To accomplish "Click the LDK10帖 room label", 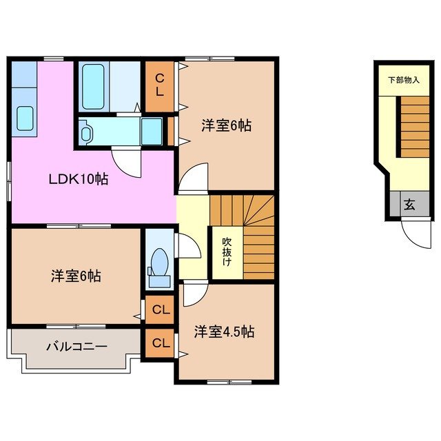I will [78, 179].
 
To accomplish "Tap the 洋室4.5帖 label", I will [224, 331].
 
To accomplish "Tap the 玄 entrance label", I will [409, 204].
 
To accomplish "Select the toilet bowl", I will [159, 265].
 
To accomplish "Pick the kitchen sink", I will [25, 119].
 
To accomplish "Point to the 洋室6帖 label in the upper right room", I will [226, 125].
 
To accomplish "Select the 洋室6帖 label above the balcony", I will [76, 276].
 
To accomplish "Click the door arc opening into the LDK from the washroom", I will [127, 161].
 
